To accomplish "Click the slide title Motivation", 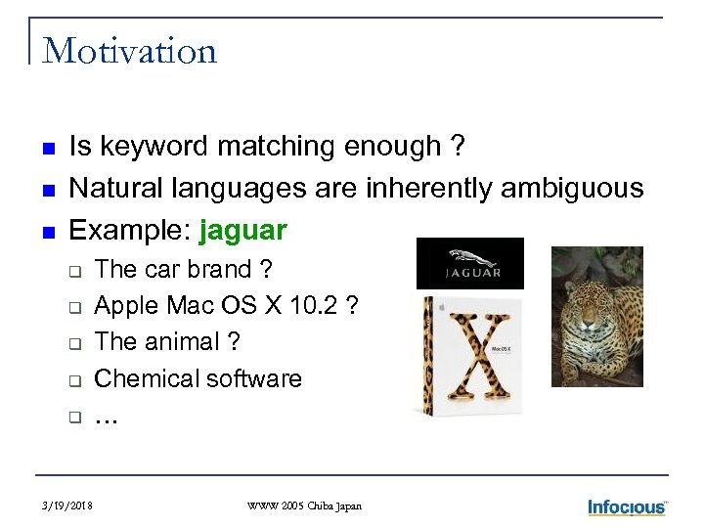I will tap(130, 50).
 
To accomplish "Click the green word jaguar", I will tap(242, 231).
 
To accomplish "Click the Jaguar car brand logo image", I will tap(469, 263).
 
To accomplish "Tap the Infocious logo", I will tap(627, 506).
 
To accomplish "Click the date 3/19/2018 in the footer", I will tap(67, 506).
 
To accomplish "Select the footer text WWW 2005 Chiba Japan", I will tap(304, 506).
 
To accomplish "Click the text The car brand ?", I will tap(184, 270).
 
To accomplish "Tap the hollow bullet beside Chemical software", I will tap(73, 380).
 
